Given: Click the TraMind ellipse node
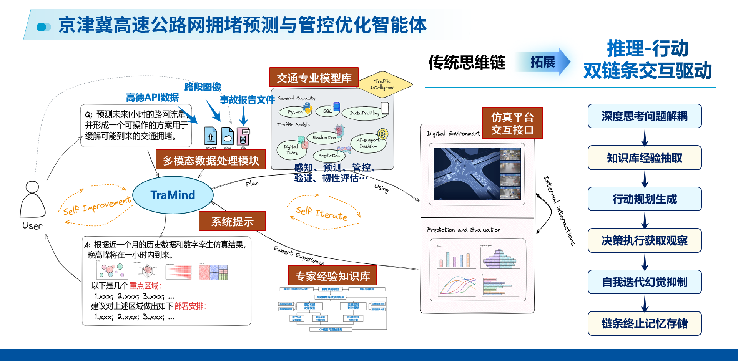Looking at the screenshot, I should click(173, 195).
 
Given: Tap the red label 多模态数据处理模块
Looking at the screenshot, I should click(211, 160).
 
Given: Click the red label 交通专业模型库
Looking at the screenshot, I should click(314, 78).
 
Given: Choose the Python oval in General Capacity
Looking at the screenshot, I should click(295, 112).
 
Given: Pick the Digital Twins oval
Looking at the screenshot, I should click(291, 150).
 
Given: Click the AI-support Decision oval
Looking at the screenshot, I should click(368, 143).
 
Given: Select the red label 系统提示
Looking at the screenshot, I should click(232, 221).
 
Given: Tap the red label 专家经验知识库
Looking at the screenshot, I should click(332, 276).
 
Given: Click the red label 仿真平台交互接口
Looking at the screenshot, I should click(512, 123).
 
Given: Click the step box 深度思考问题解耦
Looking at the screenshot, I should click(645, 116).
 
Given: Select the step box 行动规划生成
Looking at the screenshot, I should click(645, 199).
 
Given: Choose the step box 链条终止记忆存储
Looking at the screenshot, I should click(645, 323).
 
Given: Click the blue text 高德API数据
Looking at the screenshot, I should click(152, 98).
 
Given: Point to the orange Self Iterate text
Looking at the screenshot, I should click(321, 213).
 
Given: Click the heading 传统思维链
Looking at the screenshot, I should click(467, 62).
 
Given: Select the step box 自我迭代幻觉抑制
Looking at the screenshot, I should click(645, 282).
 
